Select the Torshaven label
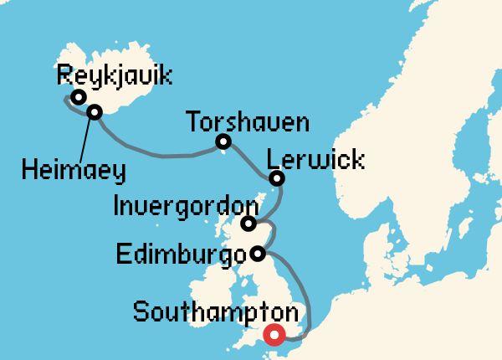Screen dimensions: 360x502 click(x=248, y=122)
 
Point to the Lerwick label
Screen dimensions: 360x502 click(x=316, y=158)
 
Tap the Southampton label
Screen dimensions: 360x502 click(x=216, y=315)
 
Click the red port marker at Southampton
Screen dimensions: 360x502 click(x=274, y=336)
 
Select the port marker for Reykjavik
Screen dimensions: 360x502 click(x=78, y=97)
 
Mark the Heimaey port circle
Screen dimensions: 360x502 click(x=95, y=111)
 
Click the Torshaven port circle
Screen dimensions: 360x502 click(x=223, y=141)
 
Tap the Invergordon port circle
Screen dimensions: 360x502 click(x=248, y=224)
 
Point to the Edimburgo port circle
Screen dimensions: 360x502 click(x=258, y=253)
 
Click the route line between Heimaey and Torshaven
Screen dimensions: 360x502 click(x=159, y=154)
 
